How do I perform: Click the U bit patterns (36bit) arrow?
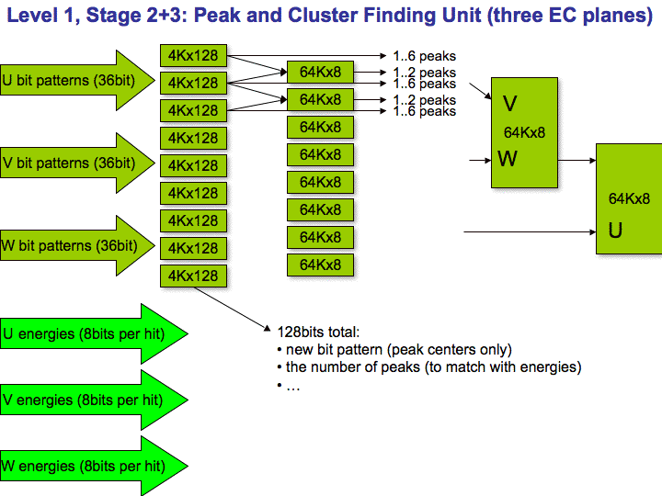(x=76, y=80)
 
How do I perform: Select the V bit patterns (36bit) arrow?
(x=76, y=163)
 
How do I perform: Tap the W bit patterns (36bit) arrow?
(x=76, y=245)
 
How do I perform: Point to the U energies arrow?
(x=93, y=333)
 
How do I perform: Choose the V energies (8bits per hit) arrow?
(x=93, y=400)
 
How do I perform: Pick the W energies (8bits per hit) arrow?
(x=93, y=466)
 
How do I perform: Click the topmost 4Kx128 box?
(x=193, y=55)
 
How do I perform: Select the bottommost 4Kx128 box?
(x=193, y=276)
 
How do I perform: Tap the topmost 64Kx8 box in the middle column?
(x=321, y=72)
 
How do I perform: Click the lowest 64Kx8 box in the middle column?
(x=321, y=265)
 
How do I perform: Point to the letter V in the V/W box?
(x=509, y=104)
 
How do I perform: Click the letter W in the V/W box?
(x=508, y=159)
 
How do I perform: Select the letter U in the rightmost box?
(x=615, y=231)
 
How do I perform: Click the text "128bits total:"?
(x=318, y=332)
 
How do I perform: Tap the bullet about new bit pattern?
(x=394, y=350)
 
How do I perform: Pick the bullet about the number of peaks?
(x=429, y=366)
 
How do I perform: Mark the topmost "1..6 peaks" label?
(x=424, y=56)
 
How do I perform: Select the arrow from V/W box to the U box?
(x=576, y=160)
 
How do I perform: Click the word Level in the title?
(x=32, y=16)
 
